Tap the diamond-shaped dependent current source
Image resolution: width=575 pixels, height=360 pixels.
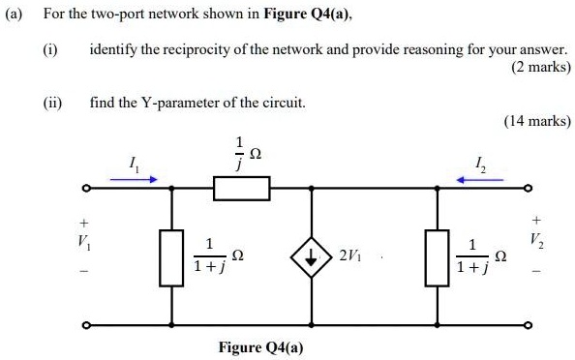313,256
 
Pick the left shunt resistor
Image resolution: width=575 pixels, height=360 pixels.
172,256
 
